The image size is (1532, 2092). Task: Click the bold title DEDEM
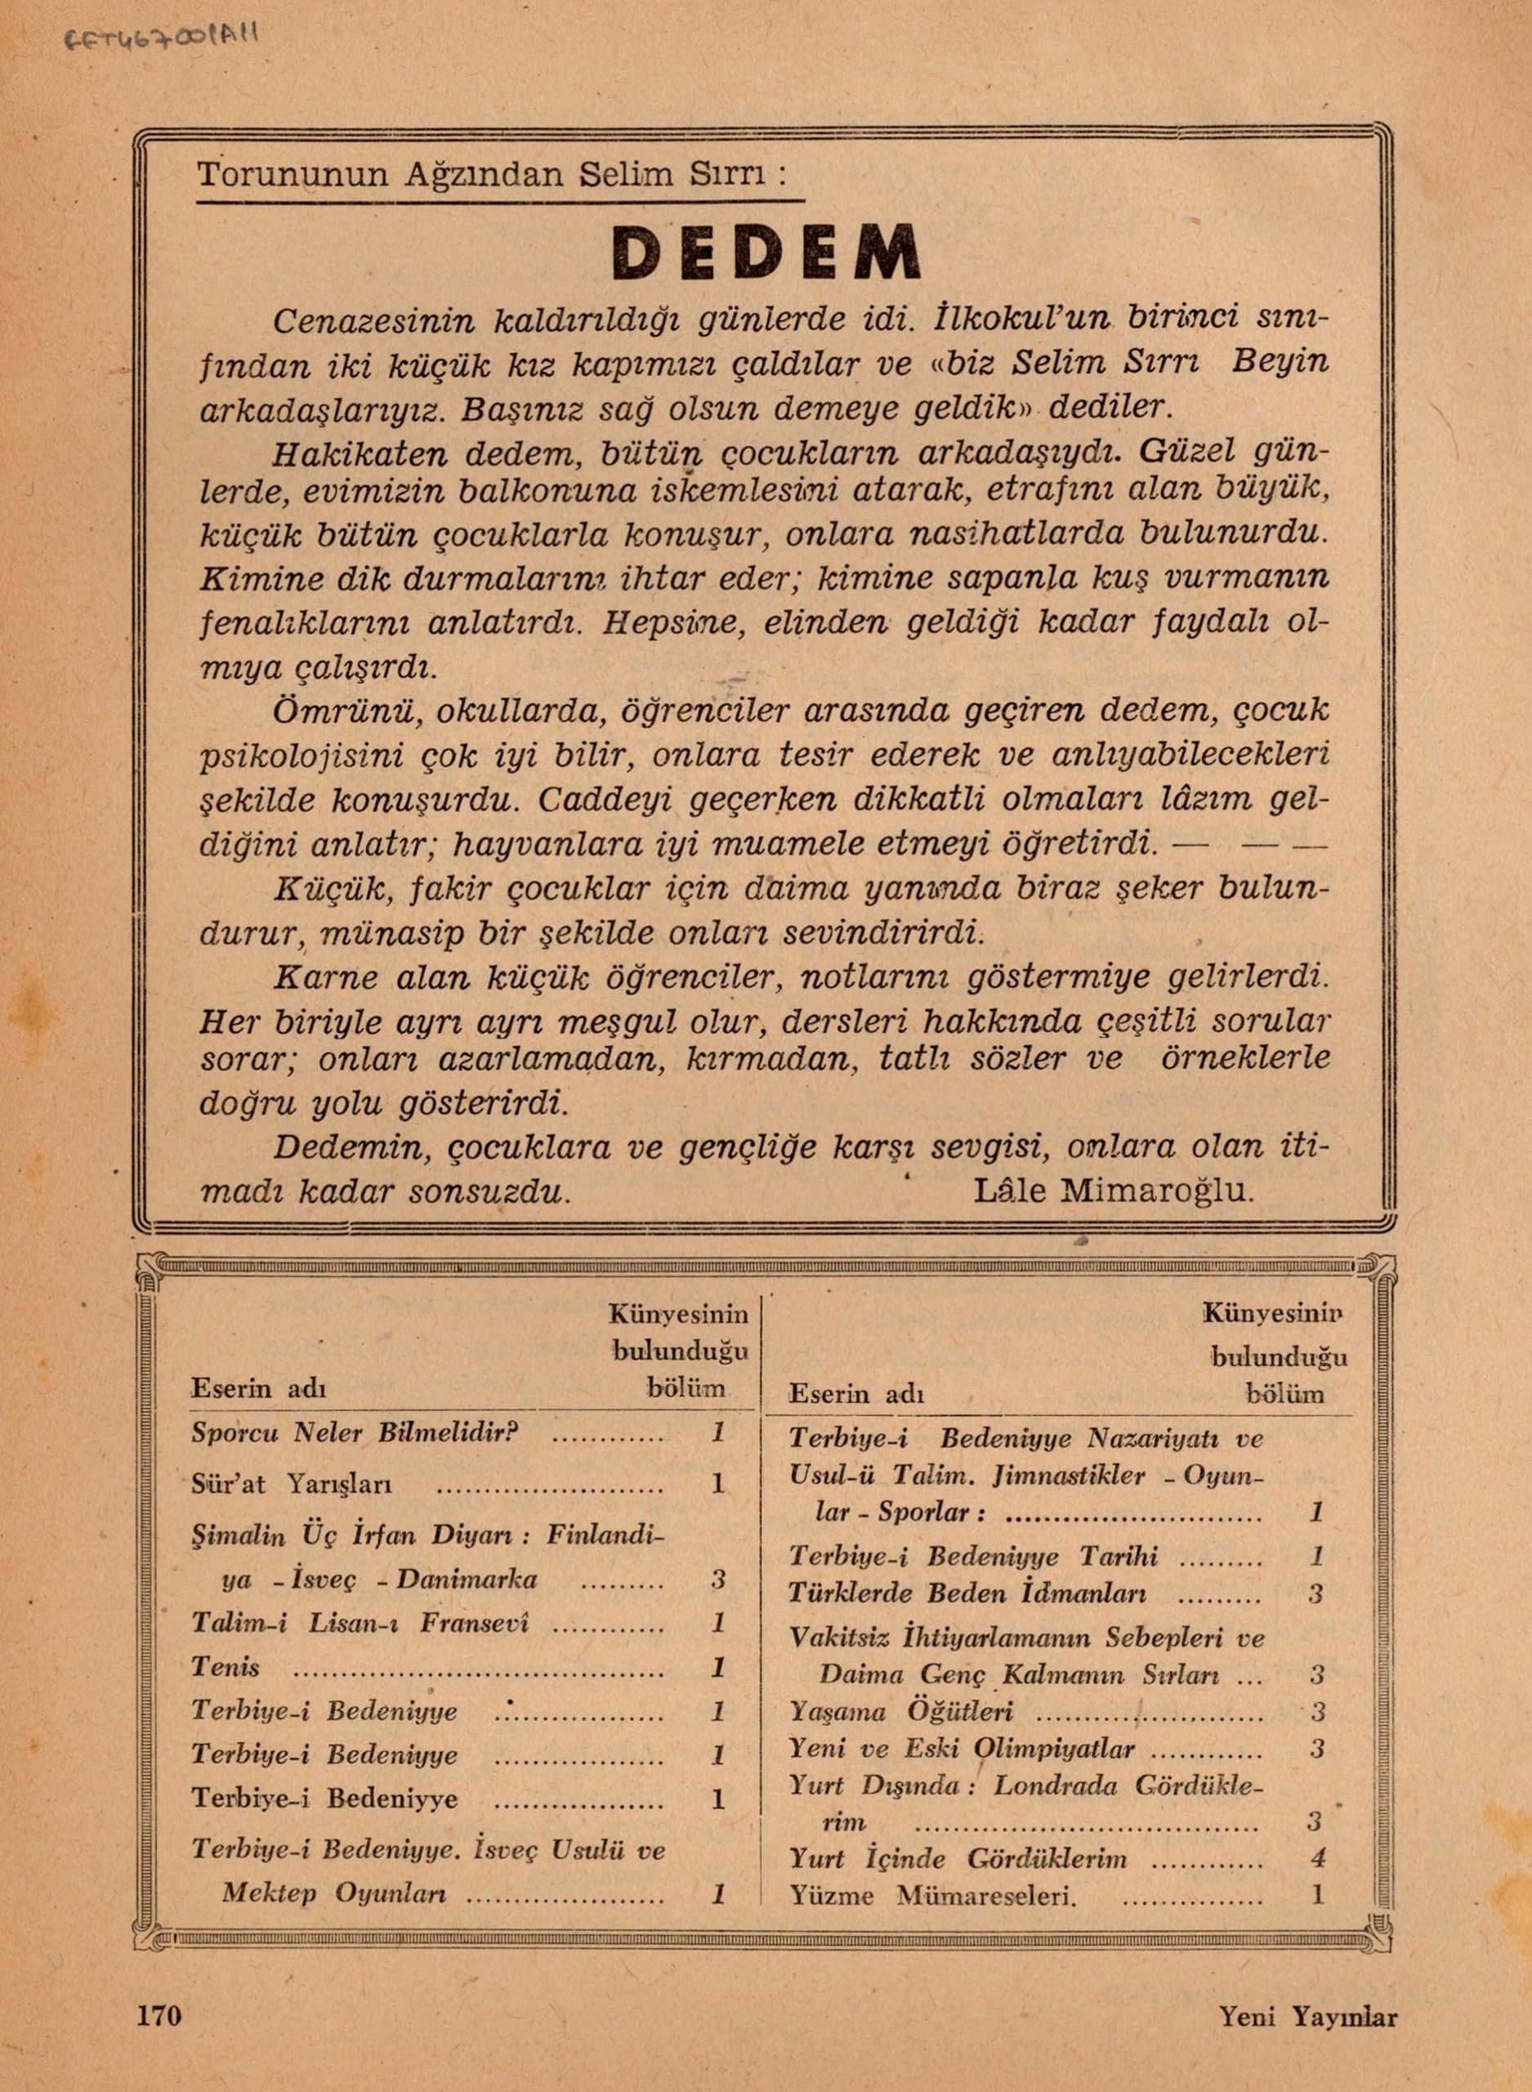(766, 253)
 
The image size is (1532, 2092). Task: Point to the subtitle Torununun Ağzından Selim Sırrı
(493, 174)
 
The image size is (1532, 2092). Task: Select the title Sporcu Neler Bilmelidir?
(355, 1433)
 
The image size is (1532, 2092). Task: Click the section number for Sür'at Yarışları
(717, 1485)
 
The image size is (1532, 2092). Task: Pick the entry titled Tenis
(226, 1667)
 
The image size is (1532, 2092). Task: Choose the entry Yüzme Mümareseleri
(932, 1895)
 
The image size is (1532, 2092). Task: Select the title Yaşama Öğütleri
(900, 1711)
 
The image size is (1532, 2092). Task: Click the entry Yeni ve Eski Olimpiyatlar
(962, 1748)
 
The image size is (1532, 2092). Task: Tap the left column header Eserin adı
(259, 1389)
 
